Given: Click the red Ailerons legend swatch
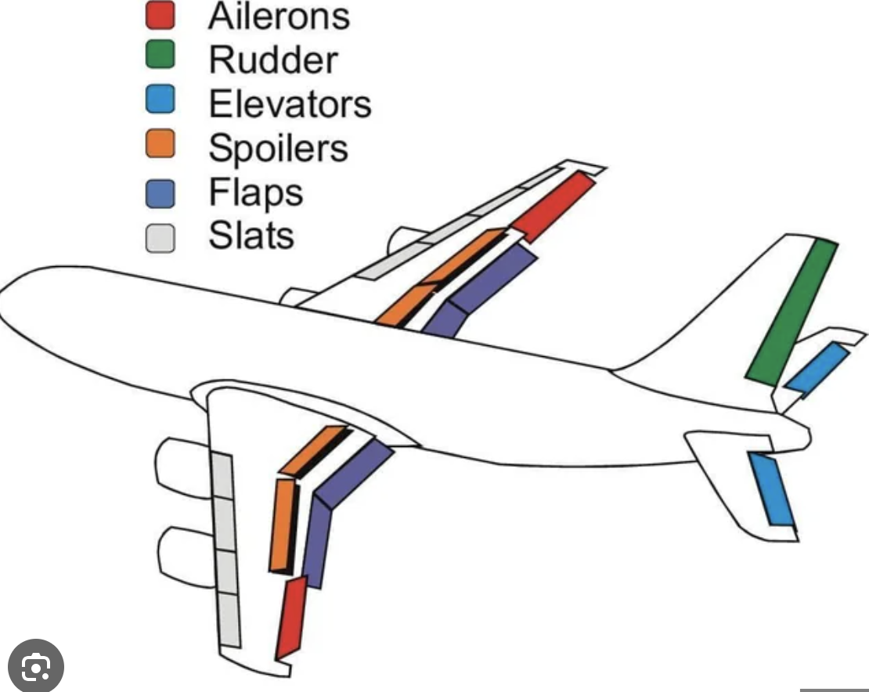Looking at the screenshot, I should point(160,16).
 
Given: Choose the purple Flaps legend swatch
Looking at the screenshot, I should point(160,192).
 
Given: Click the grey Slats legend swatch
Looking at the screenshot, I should point(160,236).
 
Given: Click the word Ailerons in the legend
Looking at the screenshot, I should point(278,16).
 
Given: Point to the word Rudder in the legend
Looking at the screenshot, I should point(273,59).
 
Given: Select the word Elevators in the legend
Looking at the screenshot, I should point(290,103).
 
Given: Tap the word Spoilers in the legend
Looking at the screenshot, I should point(278,147).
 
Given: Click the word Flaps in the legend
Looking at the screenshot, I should point(255,193).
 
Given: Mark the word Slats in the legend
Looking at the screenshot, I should point(251,236).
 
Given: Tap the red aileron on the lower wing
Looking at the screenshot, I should point(290,617).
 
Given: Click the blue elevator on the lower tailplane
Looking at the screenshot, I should point(771,488).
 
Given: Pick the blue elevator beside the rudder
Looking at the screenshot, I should point(817,367).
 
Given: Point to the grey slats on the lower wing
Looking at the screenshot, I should point(225,548).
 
